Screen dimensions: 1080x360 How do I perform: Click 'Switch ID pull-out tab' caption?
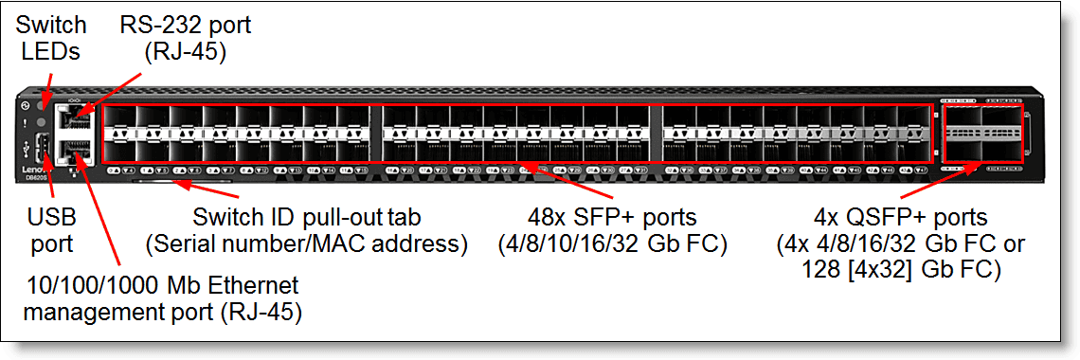[307, 217]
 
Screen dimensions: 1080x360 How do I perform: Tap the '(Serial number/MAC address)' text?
[307, 243]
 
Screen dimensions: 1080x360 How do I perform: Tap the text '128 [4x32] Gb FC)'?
[899, 270]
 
